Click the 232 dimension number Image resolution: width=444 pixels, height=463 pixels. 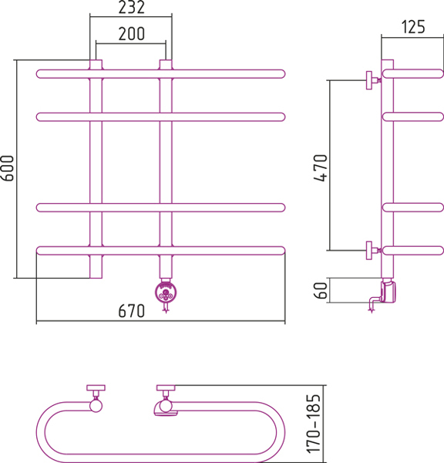pos(132,8)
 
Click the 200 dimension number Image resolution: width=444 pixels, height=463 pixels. pos(132,34)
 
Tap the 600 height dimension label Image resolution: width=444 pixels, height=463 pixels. pos(8,168)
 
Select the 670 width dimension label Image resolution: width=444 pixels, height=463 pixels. pos(132,311)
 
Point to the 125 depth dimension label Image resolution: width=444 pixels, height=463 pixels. pos(413,27)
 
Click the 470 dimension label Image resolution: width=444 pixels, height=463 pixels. pos(321,167)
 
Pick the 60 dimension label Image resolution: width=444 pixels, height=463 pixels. pos(321,291)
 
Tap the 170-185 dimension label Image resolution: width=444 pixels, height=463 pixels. pos(314,424)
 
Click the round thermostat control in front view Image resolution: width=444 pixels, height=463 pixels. pos(166,292)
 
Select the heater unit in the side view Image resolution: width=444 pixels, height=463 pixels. pos(388,292)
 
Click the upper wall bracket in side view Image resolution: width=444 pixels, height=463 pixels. pos(373,80)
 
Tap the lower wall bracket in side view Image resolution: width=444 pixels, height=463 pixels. pos(373,250)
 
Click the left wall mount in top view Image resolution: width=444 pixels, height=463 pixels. pos(96,398)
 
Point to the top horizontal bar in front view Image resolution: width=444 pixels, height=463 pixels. pos(161,74)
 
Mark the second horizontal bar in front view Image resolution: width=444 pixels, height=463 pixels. pos(161,117)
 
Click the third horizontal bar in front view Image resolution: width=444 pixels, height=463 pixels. pos(161,208)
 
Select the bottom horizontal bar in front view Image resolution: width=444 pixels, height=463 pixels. pos(161,251)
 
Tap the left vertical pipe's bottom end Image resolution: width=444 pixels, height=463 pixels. pos(96,278)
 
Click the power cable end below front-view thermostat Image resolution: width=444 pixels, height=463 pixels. pos(166,311)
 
